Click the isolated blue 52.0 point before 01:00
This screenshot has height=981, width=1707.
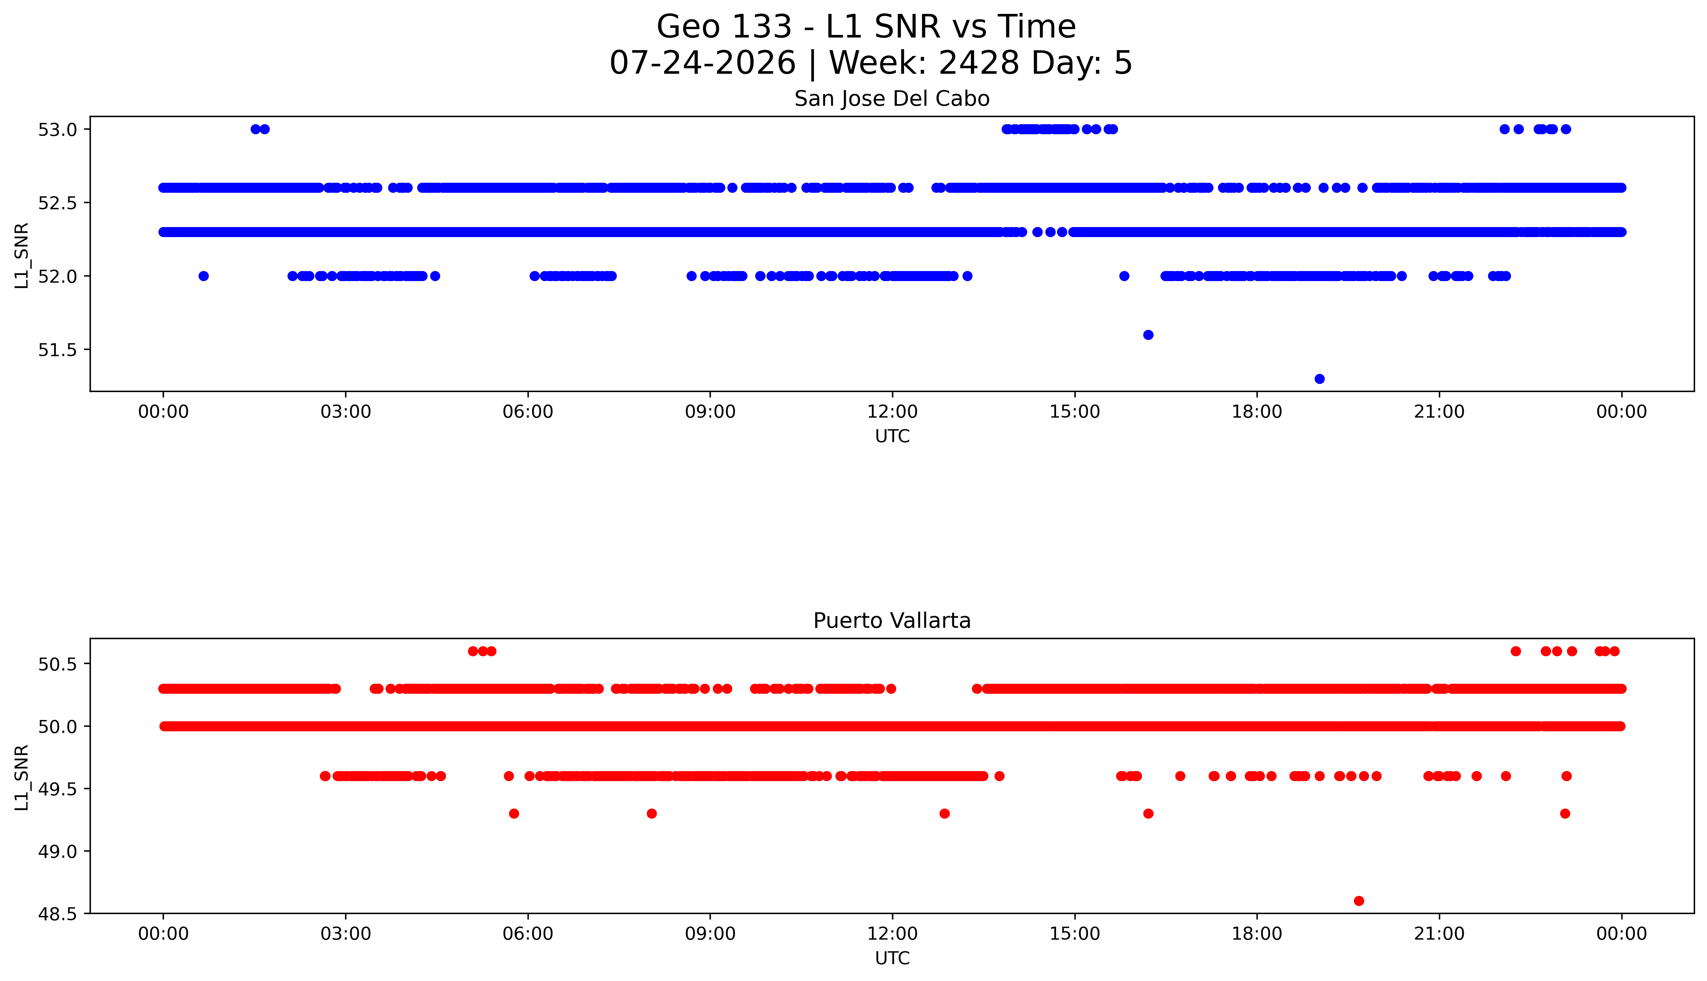[x=203, y=276]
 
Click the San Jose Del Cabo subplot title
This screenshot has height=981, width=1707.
[x=892, y=99]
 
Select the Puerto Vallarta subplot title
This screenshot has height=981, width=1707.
[x=892, y=621]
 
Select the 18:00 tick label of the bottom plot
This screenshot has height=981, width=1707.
[x=1257, y=934]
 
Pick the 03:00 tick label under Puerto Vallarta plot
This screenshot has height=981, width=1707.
[x=346, y=934]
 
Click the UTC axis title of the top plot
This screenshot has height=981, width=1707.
[x=892, y=437]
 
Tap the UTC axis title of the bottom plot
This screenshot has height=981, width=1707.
[x=892, y=958]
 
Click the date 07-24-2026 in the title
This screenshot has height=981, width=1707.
[x=702, y=63]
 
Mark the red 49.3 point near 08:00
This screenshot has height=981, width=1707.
[x=651, y=814]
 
